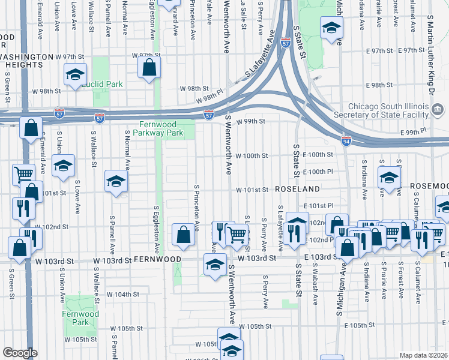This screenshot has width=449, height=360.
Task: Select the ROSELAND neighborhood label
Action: [x=297, y=189]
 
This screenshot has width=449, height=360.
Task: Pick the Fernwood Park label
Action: [x=80, y=318]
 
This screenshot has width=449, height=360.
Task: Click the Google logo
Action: [x=20, y=353]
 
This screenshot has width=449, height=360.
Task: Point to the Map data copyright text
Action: [x=423, y=355]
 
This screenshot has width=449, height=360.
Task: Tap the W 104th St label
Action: [x=123, y=295]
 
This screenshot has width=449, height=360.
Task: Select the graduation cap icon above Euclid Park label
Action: [x=75, y=75]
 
